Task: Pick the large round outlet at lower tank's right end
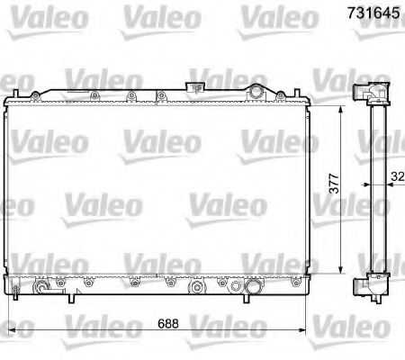coord(251,289)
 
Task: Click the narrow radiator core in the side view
coord(373,189)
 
